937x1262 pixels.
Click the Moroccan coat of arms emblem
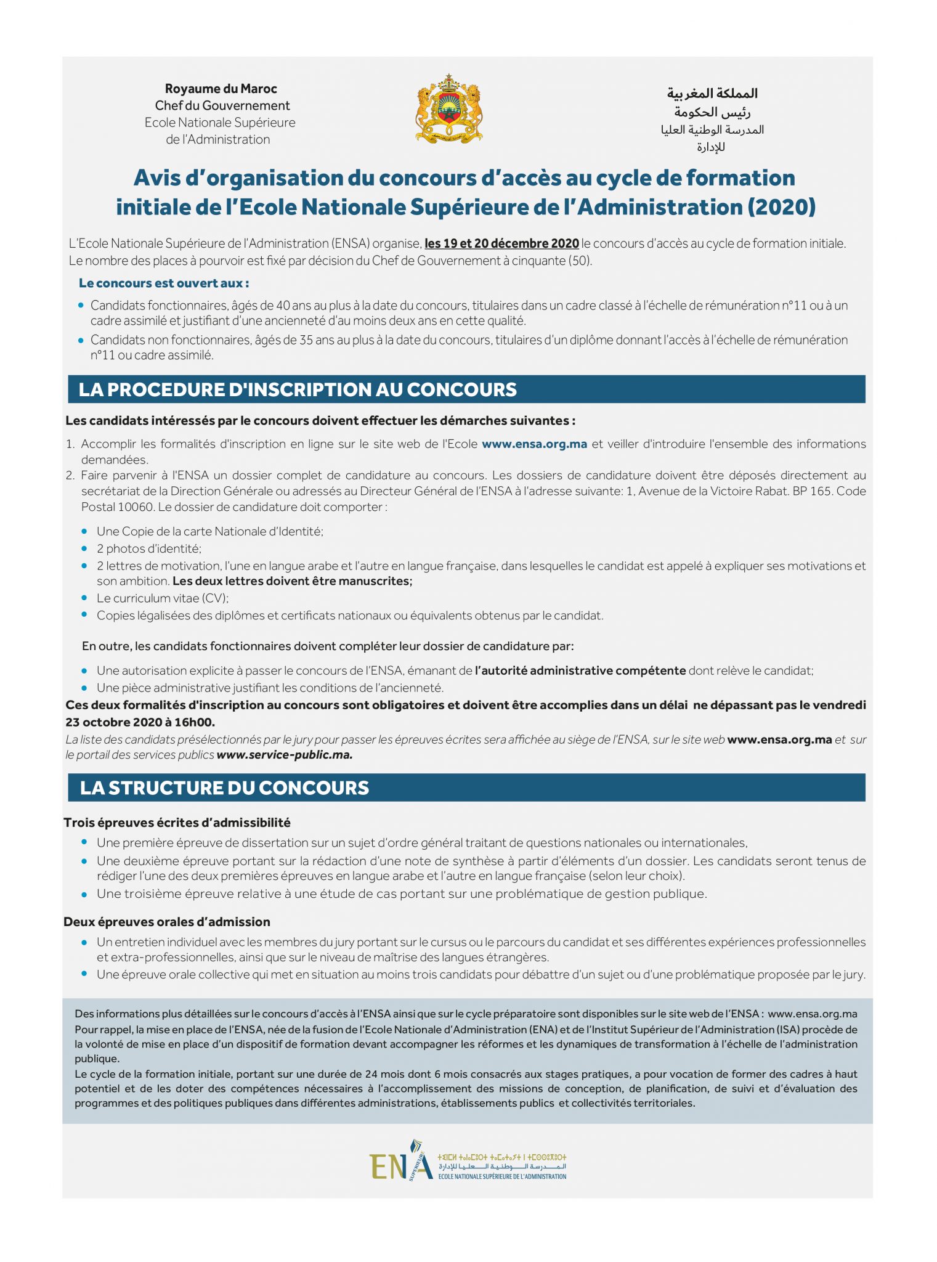[449, 109]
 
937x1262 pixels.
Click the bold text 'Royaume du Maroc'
[221, 89]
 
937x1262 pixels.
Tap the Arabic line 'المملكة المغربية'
[712, 94]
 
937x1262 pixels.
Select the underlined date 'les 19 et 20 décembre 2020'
[501, 243]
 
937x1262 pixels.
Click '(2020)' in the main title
[781, 207]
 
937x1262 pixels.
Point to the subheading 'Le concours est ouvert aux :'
[164, 283]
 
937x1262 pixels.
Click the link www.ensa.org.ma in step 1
[534, 444]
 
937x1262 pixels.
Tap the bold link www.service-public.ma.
[285, 755]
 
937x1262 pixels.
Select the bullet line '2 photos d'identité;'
[149, 548]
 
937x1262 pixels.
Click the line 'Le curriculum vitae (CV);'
[163, 598]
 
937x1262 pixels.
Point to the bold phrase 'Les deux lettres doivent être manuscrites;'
[292, 581]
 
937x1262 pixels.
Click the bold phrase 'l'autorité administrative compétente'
[580, 670]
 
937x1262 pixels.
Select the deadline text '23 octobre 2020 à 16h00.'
[140, 722]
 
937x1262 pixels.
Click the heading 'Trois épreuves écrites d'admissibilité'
[177, 823]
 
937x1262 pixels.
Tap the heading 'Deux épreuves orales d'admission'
[167, 922]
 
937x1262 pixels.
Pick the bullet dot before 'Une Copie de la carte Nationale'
[84, 531]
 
